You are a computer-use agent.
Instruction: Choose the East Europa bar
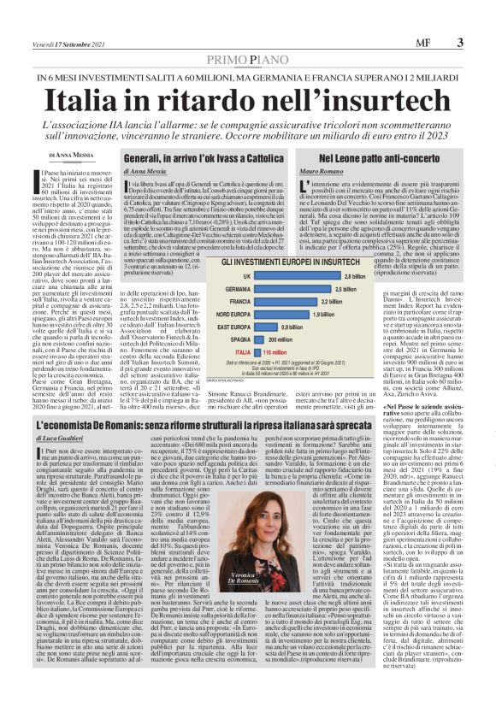pos(266,327)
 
